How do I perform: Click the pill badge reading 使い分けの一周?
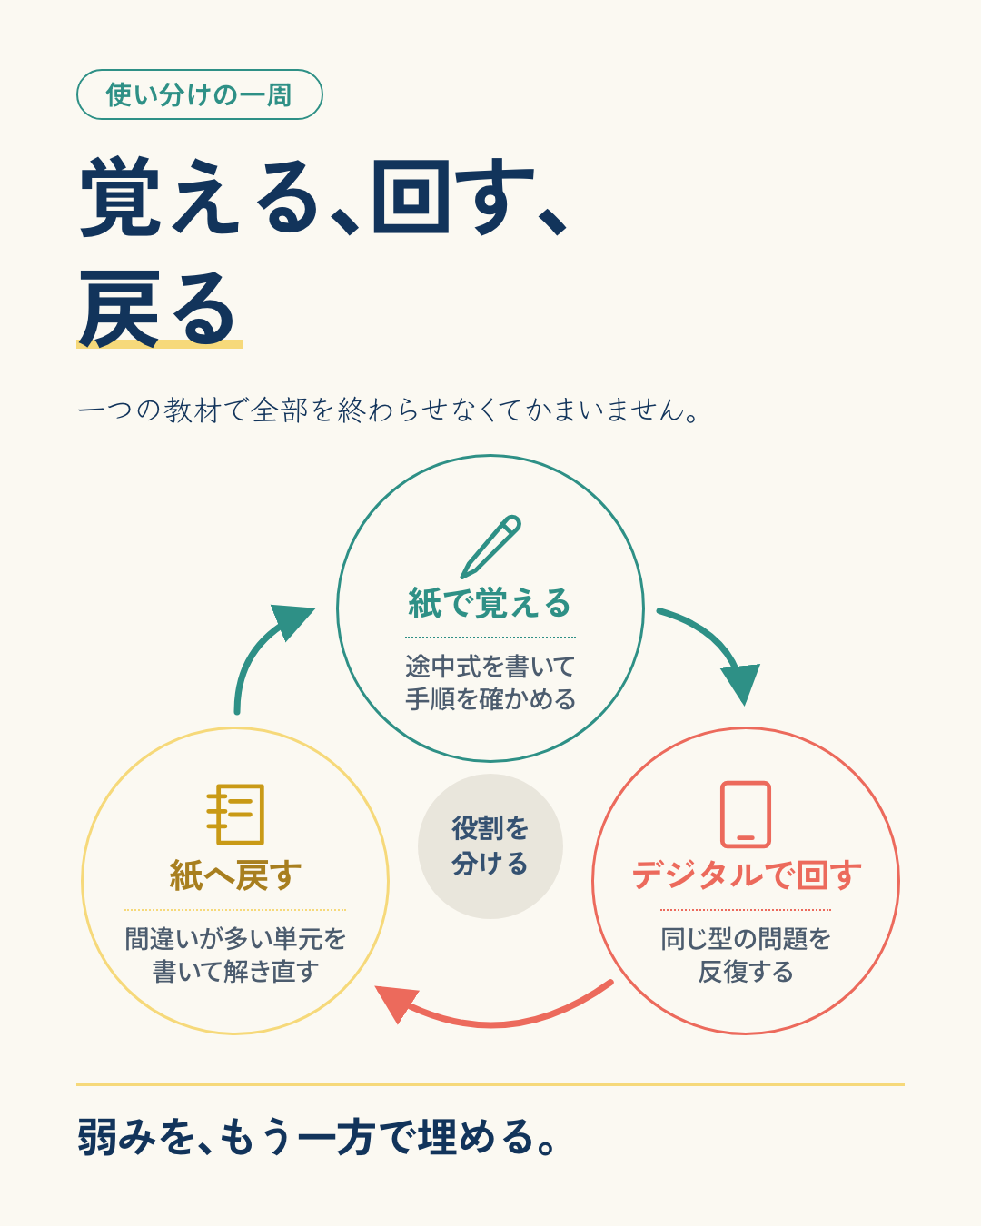[200, 94]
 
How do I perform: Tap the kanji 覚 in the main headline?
[120, 196]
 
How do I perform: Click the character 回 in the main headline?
[411, 196]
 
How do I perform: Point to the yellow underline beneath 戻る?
[160, 343]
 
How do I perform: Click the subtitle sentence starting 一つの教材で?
[388, 410]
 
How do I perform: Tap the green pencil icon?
[490, 547]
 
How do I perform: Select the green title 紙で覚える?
[490, 603]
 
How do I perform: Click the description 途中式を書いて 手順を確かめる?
[490, 683]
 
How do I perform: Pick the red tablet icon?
[746, 815]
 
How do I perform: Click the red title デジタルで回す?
[746, 875]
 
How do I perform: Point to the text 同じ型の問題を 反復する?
[746, 954]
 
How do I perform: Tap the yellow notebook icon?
[235, 814]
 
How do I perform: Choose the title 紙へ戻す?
[235, 875]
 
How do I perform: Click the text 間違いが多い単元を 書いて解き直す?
[235, 954]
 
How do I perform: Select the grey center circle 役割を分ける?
[490, 846]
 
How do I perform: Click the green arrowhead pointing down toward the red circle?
[742, 684]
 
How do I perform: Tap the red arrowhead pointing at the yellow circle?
[396, 1004]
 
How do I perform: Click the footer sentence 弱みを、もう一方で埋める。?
[316, 1138]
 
